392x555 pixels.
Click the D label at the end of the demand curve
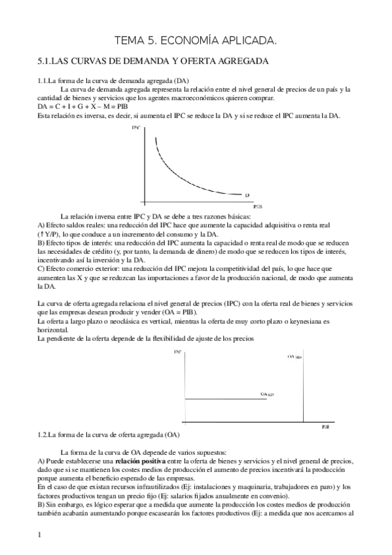(x=247, y=195)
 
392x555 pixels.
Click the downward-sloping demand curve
(x=177, y=173)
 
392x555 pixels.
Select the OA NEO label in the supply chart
(x=294, y=357)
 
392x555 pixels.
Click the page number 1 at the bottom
(x=40, y=535)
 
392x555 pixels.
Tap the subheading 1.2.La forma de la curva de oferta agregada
(x=109, y=435)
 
